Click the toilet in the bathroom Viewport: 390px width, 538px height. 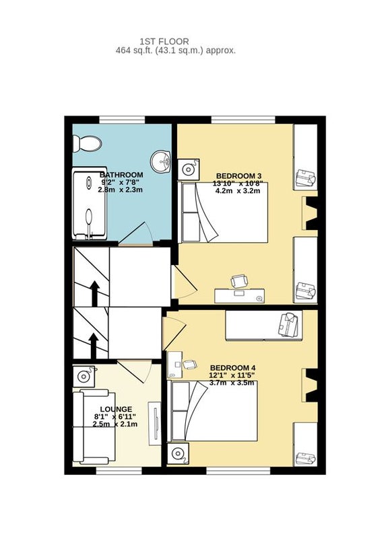88,143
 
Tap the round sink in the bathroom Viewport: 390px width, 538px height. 161,161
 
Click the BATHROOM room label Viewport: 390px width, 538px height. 121,175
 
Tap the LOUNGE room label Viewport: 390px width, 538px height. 116,410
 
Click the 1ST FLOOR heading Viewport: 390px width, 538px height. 164,42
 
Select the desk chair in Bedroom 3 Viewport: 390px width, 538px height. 239,281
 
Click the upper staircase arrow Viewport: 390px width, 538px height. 94,293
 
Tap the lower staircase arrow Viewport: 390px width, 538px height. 93,346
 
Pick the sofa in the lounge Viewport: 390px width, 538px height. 94,426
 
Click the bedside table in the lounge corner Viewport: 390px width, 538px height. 84,377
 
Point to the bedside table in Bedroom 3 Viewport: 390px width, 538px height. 189,169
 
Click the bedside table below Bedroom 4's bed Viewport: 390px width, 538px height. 178,454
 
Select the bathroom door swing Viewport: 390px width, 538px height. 137,233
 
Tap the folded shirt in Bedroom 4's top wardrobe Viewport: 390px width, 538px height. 289,325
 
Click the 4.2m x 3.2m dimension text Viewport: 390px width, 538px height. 238,191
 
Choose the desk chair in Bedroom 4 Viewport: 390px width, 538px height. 190,364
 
